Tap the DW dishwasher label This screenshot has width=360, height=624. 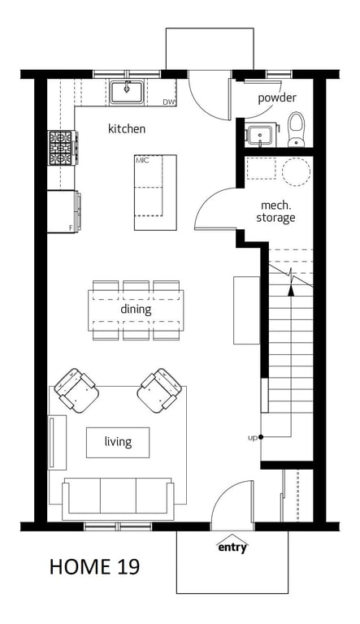click(x=169, y=102)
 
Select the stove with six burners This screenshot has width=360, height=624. click(x=63, y=148)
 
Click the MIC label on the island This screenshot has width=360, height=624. click(x=141, y=160)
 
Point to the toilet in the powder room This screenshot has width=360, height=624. click(x=296, y=129)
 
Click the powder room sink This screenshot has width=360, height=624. click(x=260, y=136)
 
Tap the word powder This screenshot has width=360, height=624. click(x=277, y=97)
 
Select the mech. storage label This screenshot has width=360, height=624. click(x=275, y=211)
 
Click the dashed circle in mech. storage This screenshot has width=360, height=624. click(x=296, y=172)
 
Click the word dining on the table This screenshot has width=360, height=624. click(x=136, y=310)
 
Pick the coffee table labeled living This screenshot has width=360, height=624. click(x=118, y=443)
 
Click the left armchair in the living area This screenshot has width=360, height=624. click(x=76, y=390)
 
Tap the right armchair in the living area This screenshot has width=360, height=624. click(x=159, y=390)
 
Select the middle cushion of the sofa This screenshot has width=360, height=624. click(x=118, y=496)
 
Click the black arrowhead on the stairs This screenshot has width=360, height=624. click(x=291, y=291)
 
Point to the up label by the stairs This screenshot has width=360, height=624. click(x=253, y=438)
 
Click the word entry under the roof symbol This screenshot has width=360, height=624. click(x=232, y=548)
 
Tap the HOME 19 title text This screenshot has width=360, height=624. click(x=94, y=566)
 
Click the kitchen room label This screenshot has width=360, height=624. click(x=127, y=128)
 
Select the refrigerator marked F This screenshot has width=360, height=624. click(x=63, y=211)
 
